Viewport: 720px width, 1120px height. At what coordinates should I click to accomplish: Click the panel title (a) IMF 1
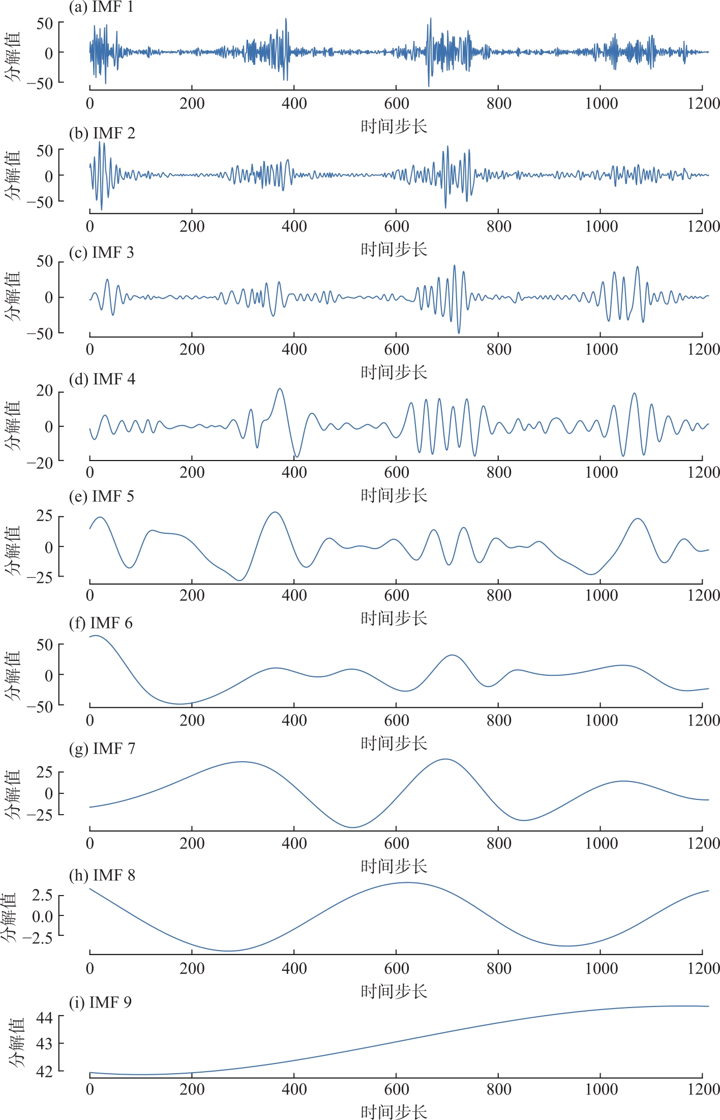tap(101, 7)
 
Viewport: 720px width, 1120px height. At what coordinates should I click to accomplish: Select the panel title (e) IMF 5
tap(101, 496)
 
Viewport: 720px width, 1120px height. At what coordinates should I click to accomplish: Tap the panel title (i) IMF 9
tap(100, 1002)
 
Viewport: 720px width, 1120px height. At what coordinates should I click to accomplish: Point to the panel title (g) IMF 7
tap(102, 749)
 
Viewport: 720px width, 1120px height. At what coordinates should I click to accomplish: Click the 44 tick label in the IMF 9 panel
tap(44, 1017)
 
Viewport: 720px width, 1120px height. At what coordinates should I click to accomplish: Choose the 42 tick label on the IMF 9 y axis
tap(44, 1071)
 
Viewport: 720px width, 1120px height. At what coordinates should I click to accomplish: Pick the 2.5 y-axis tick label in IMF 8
tap(42, 896)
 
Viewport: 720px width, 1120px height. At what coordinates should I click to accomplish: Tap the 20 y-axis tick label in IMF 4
tap(44, 391)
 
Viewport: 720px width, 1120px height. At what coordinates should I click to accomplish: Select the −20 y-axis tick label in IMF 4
tap(40, 463)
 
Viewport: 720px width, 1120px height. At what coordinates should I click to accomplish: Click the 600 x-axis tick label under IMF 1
tap(397, 104)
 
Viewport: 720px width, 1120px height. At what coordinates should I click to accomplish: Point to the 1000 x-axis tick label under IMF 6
tap(601, 721)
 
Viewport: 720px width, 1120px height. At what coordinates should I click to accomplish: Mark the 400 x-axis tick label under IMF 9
tap(294, 1089)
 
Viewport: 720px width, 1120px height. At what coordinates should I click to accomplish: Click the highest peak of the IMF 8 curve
tap(407, 882)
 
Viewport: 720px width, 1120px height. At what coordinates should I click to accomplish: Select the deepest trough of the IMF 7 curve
tap(352, 827)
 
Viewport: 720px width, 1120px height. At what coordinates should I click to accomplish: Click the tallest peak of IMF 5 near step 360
tap(275, 512)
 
